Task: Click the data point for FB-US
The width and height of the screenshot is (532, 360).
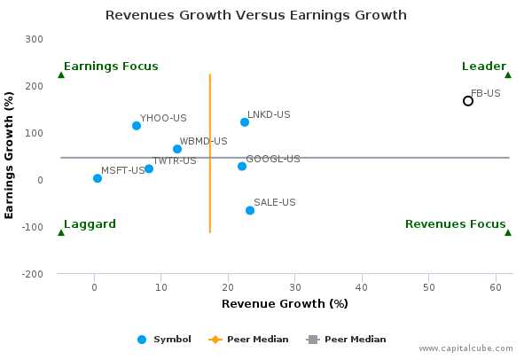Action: tap(468, 101)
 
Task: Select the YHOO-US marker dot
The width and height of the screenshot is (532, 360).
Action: tap(137, 126)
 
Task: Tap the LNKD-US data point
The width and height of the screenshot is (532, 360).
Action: tap(245, 122)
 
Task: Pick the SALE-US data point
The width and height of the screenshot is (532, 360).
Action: tap(250, 210)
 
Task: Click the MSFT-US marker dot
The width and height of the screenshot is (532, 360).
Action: tap(98, 178)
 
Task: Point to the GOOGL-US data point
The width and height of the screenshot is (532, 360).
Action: tap(242, 167)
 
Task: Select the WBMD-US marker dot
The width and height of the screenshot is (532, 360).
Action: tap(177, 149)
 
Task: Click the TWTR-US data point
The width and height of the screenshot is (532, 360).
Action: tap(149, 168)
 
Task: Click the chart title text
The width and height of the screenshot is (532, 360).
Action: tap(256, 15)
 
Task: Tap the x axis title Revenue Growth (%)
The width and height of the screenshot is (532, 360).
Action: tap(285, 304)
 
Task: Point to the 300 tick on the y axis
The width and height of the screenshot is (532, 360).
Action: tap(35, 39)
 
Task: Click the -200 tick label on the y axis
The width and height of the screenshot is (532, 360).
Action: tap(33, 274)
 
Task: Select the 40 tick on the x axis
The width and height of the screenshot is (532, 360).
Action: tap(362, 286)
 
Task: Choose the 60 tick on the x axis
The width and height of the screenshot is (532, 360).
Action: tap(495, 286)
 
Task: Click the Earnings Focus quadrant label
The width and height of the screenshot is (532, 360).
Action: tap(111, 67)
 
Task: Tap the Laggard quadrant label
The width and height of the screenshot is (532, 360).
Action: tap(90, 224)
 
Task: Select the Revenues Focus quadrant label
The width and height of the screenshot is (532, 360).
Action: tap(455, 224)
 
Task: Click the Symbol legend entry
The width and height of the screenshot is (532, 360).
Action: tap(166, 339)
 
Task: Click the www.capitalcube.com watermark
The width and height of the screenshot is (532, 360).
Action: tap(471, 349)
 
